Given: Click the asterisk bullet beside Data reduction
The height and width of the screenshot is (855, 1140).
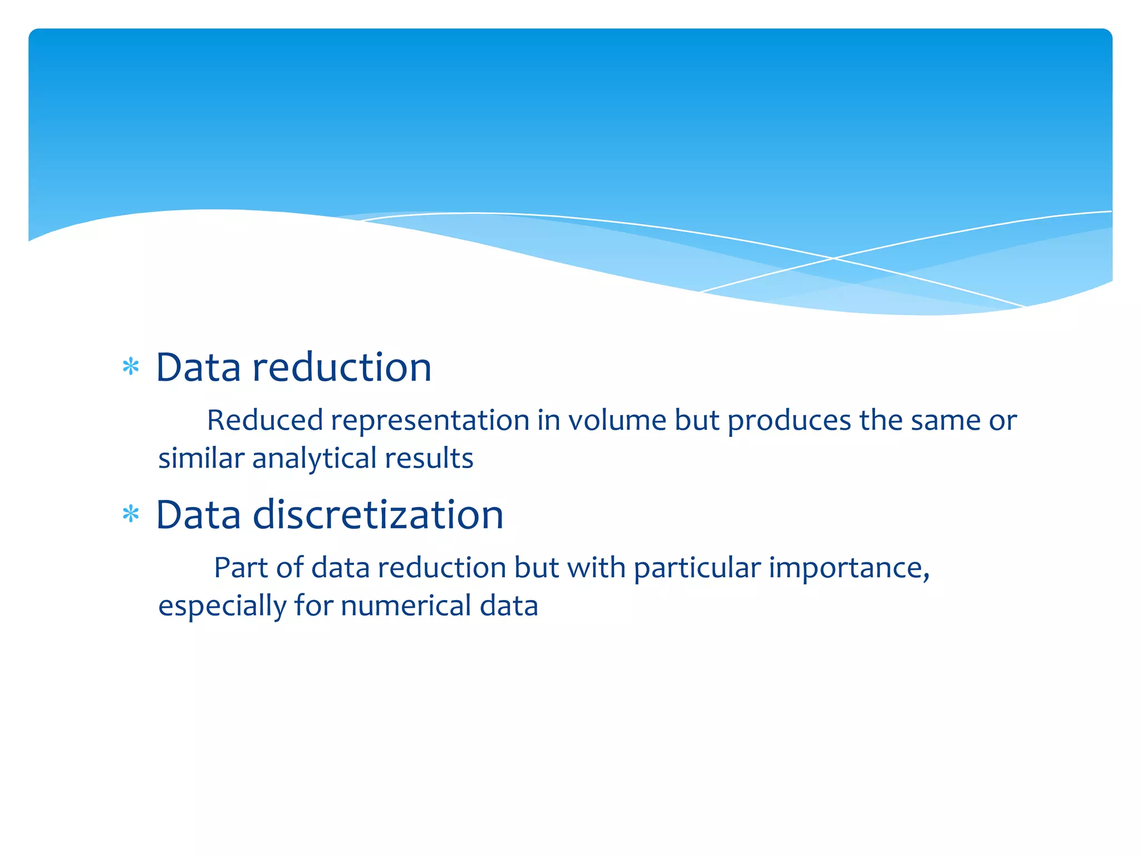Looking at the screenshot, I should pos(131,367).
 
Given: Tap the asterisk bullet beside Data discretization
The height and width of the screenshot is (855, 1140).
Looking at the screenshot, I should pos(131,514).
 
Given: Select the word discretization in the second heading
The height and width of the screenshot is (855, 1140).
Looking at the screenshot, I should pos(378,514).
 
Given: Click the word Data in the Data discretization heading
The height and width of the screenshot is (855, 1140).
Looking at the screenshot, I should pos(198,514).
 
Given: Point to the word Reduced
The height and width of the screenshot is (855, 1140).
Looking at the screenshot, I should pos(265,420).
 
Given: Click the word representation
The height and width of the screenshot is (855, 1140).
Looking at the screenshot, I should pos(430,420).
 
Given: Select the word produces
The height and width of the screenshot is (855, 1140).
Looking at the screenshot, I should pos(789,421).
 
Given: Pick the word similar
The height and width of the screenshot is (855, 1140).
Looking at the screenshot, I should pos(201,458).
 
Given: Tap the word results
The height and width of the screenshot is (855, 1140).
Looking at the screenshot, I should pos(429,458).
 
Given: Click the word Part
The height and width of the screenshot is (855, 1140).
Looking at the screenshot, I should pos(241,568).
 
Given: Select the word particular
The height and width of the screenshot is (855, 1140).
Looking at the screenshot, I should pos(697,568).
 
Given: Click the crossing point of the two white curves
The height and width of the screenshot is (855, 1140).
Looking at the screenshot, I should pos(833,258).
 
